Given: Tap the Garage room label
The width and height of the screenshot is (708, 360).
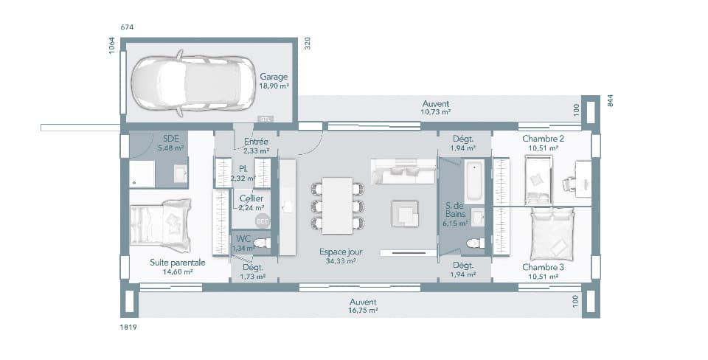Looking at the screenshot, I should tap(274, 76).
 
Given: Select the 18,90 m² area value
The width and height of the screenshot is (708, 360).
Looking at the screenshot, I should tap(274, 86).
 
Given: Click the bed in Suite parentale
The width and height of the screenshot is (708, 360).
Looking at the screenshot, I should tap(161, 225).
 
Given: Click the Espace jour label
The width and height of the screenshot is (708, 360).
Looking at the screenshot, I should tap(341, 251).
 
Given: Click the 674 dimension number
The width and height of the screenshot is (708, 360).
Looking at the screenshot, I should tap(128, 27).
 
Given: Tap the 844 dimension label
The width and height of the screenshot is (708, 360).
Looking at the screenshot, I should tap(610, 101).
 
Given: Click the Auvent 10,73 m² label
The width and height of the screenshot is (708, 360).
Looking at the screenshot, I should tap(435, 108).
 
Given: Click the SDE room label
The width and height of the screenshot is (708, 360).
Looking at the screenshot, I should tap(170, 138).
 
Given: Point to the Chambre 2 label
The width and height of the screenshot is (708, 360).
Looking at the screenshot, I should tap(543, 139).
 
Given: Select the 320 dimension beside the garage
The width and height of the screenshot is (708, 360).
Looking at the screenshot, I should tap(308, 44).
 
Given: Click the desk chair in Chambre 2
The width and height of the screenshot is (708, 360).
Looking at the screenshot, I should tap(569, 184).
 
